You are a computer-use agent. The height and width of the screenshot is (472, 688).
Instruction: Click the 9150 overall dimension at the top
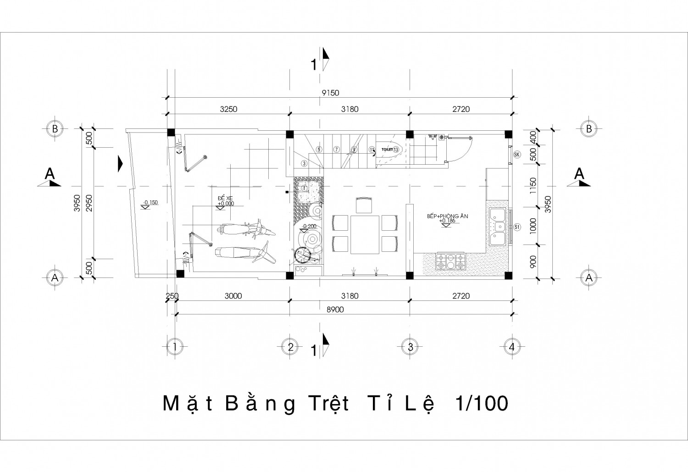point(330,93)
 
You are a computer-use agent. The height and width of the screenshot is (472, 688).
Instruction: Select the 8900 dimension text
point(335,310)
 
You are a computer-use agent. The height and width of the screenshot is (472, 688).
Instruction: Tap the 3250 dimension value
point(228,109)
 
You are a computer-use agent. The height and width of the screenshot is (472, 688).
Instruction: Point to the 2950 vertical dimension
point(89,202)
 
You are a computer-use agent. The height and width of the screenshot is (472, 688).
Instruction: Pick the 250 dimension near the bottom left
point(172,296)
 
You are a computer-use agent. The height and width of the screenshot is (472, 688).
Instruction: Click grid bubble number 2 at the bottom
point(290,347)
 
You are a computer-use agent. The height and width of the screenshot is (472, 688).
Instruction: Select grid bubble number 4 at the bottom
point(512,347)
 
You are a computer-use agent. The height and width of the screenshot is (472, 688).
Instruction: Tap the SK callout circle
point(517,154)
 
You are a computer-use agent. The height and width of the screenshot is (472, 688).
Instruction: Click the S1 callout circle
point(517,227)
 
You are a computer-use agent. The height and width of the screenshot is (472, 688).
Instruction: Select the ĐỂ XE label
point(225,198)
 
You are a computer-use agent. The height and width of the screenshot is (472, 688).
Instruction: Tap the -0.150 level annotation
point(150,202)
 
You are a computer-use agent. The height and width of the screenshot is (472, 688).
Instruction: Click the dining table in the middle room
point(366,234)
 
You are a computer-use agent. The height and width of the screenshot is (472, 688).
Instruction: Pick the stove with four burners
point(451,261)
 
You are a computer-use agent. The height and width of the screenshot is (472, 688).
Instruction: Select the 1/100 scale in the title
point(482,404)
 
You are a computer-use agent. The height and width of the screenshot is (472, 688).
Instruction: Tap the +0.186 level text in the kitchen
point(447,221)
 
